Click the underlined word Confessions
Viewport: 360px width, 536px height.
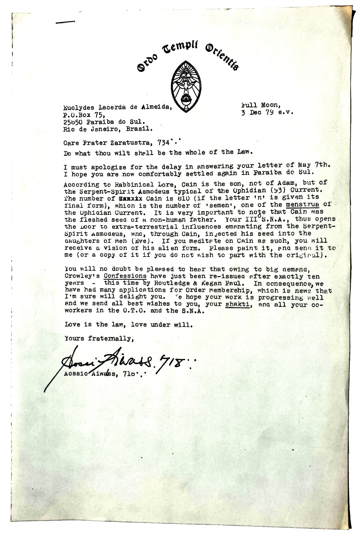[125, 276]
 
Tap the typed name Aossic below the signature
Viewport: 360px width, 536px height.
[75, 374]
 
